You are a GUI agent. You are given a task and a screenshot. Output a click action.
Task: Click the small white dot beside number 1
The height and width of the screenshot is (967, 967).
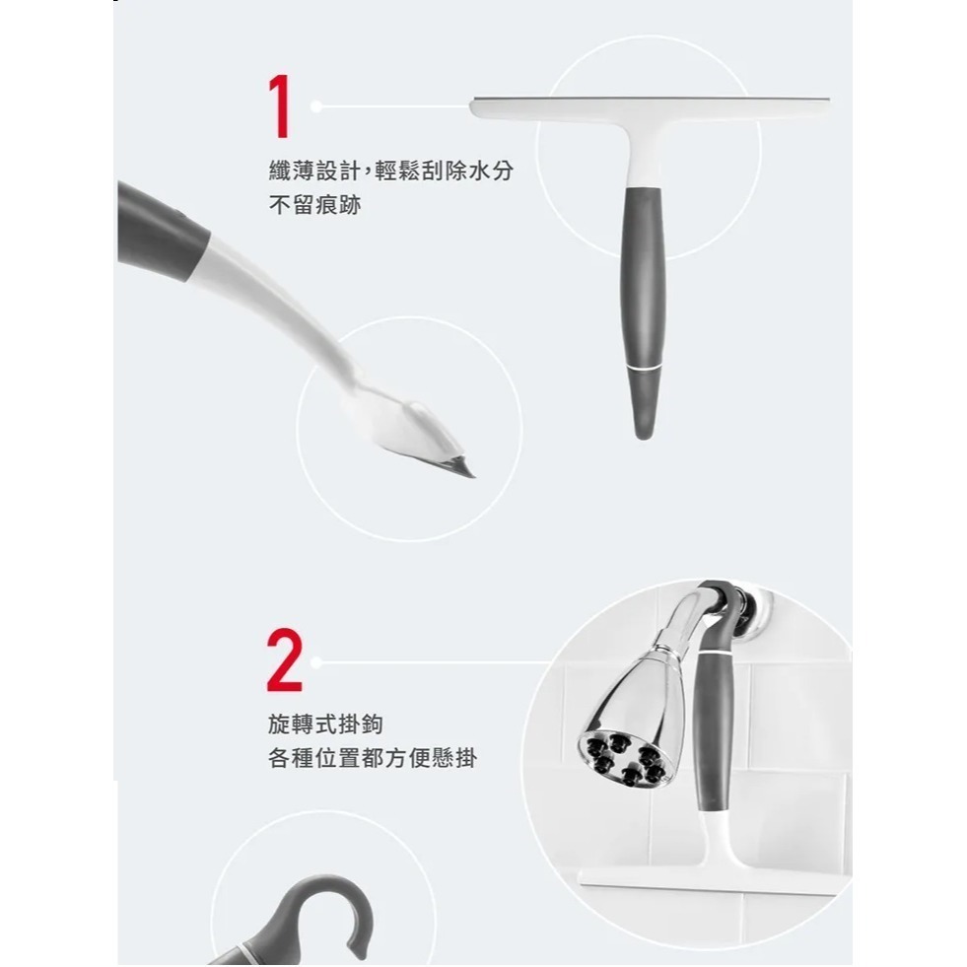pos(315,105)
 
